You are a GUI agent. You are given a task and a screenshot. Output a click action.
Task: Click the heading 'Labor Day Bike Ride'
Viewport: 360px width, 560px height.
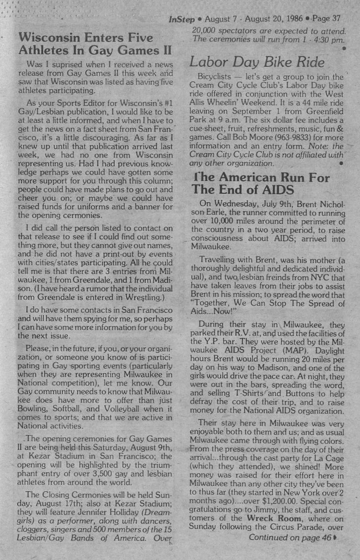[x=257, y=62]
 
